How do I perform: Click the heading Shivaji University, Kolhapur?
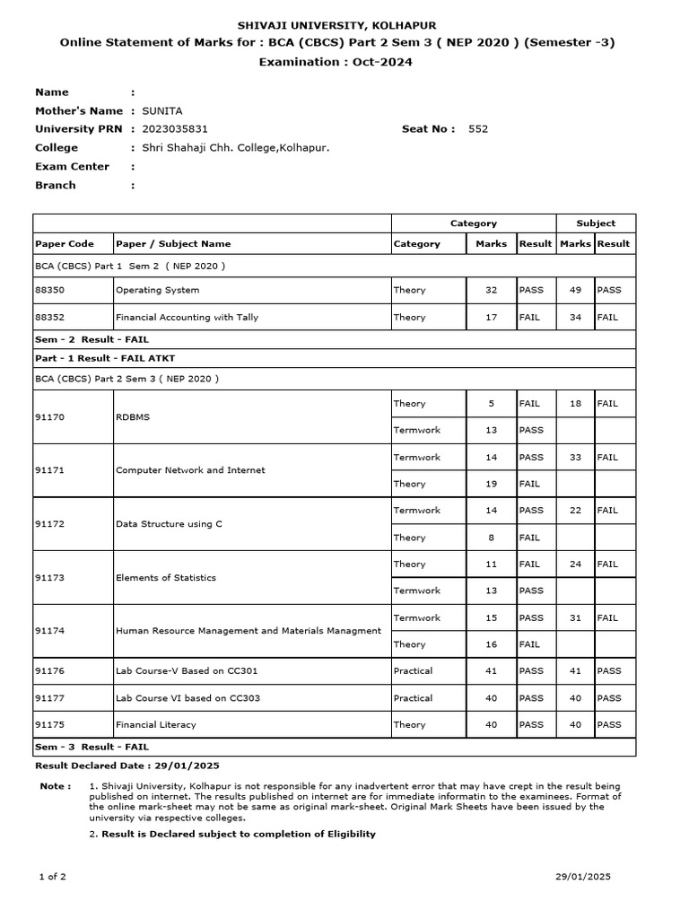[336, 26]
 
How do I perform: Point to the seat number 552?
[478, 129]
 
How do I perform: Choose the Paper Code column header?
[64, 243]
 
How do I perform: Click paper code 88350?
[50, 290]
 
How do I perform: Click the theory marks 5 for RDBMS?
[491, 404]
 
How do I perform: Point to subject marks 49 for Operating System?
[575, 290]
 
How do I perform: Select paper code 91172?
[50, 524]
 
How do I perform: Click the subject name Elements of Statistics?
[166, 578]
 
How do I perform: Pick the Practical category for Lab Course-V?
[413, 671]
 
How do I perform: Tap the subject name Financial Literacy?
[156, 725]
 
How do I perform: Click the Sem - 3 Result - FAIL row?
[92, 747]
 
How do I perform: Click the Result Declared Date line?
[126, 766]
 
